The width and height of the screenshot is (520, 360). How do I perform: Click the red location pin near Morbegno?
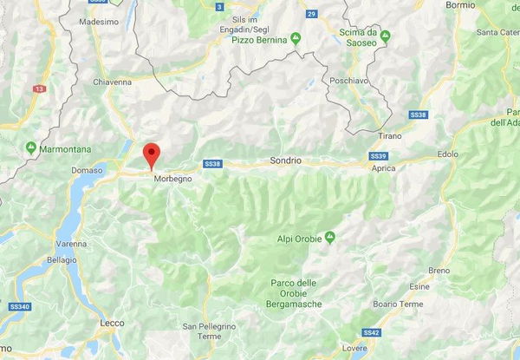pyautogui.click(x=151, y=154)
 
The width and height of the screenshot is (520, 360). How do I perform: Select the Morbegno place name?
pyautogui.click(x=172, y=179)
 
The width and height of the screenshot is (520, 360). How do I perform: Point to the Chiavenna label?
pyautogui.click(x=110, y=82)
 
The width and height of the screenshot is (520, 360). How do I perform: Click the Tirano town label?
pyautogui.click(x=391, y=136)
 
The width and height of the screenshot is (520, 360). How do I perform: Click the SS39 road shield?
pyautogui.click(x=377, y=154)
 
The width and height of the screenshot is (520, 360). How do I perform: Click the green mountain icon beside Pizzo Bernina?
pyautogui.click(x=296, y=38)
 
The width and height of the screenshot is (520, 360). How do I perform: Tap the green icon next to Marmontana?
pyautogui.click(x=32, y=147)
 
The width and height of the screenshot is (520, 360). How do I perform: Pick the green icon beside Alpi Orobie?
pyautogui.click(x=330, y=238)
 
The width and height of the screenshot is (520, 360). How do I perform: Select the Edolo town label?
pyautogui.click(x=448, y=154)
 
